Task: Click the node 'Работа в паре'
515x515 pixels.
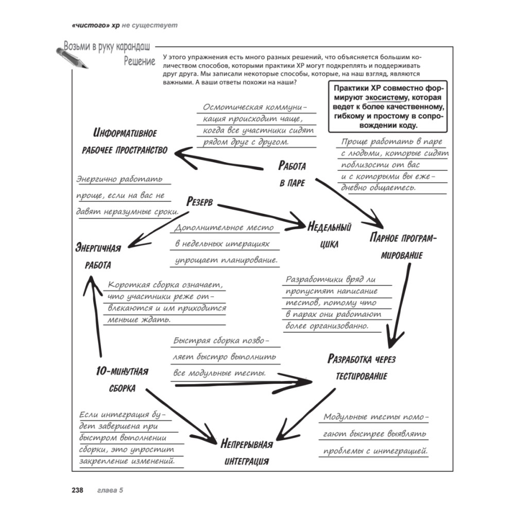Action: [x=293, y=174]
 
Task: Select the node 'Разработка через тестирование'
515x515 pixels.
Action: [x=361, y=367]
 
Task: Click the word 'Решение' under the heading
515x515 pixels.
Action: [x=140, y=62]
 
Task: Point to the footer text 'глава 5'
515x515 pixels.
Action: [x=110, y=490]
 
